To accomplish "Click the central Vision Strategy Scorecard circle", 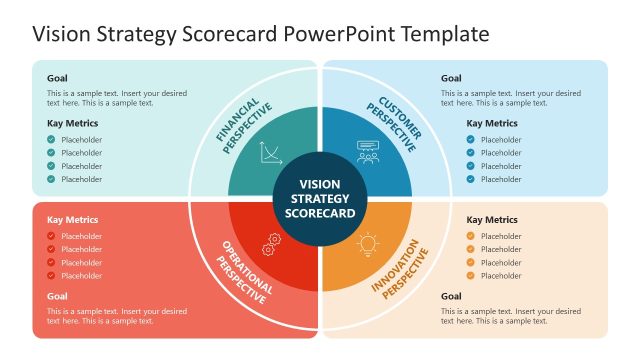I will point(320,198).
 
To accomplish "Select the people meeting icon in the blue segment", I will point(368,153).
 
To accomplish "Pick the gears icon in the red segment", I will point(270,243).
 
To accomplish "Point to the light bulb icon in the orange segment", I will point(368,243).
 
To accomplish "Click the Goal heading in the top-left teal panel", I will point(57,78).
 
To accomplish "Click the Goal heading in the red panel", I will point(57,296).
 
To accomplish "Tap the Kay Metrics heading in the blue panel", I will point(492,124).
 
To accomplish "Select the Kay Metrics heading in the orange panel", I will point(492,219).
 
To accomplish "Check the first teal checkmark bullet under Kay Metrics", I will point(51,140).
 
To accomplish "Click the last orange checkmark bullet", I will point(471,275).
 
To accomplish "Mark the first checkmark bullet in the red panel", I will point(51,236).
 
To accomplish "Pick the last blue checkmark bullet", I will point(471,179).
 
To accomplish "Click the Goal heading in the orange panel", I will point(451,296).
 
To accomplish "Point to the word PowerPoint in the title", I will point(340,33).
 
